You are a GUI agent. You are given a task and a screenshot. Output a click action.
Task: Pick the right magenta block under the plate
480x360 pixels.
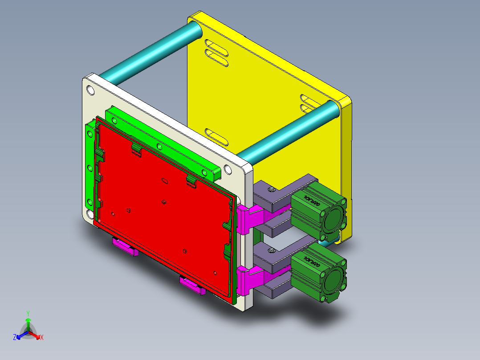click(x=192, y=285)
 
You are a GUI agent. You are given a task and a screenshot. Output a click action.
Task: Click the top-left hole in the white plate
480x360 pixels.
click(x=90, y=91)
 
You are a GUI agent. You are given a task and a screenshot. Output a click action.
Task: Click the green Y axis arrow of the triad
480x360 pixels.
click(x=28, y=321)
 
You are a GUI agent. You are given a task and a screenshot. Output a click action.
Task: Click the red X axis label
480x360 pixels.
click(x=42, y=337)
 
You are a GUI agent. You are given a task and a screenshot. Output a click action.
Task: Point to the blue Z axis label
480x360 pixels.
click(x=15, y=337)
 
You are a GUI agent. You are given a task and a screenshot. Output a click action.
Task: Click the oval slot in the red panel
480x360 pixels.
click(x=164, y=181)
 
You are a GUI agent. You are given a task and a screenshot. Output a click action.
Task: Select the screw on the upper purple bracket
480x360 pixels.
click(x=272, y=190)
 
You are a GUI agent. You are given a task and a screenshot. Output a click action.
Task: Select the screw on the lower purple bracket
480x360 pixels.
click(x=272, y=252)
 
